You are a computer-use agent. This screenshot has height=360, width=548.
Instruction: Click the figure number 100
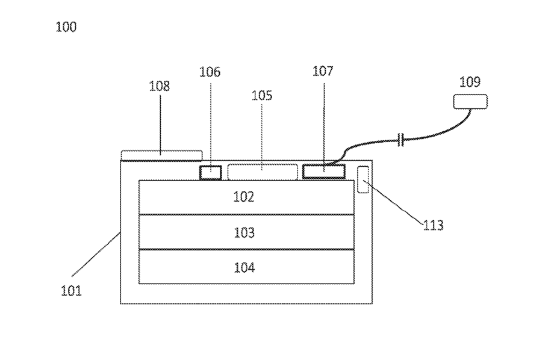pyautogui.click(x=66, y=27)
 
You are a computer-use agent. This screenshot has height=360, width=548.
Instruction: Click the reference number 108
pyautogui.click(x=160, y=86)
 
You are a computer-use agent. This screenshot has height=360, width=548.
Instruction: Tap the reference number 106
pyautogui.click(x=210, y=72)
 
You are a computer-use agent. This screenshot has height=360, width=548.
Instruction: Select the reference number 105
pyautogui.click(x=262, y=95)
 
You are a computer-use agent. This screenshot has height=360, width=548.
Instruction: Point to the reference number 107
pyautogui.click(x=323, y=72)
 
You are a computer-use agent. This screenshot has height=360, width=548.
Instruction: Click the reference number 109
pyautogui.click(x=470, y=82)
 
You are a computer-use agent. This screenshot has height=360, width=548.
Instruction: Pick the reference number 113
pyautogui.click(x=433, y=225)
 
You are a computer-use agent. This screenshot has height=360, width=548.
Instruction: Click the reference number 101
pyautogui.click(x=71, y=291)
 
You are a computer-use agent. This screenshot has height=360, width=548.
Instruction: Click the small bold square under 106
pyautogui.click(x=210, y=172)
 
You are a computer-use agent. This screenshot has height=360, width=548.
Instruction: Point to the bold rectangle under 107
pyautogui.click(x=323, y=172)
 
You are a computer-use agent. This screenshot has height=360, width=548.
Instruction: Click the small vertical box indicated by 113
pyautogui.click(x=363, y=180)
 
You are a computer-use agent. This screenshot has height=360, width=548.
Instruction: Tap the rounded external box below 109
pyautogui.click(x=470, y=101)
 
